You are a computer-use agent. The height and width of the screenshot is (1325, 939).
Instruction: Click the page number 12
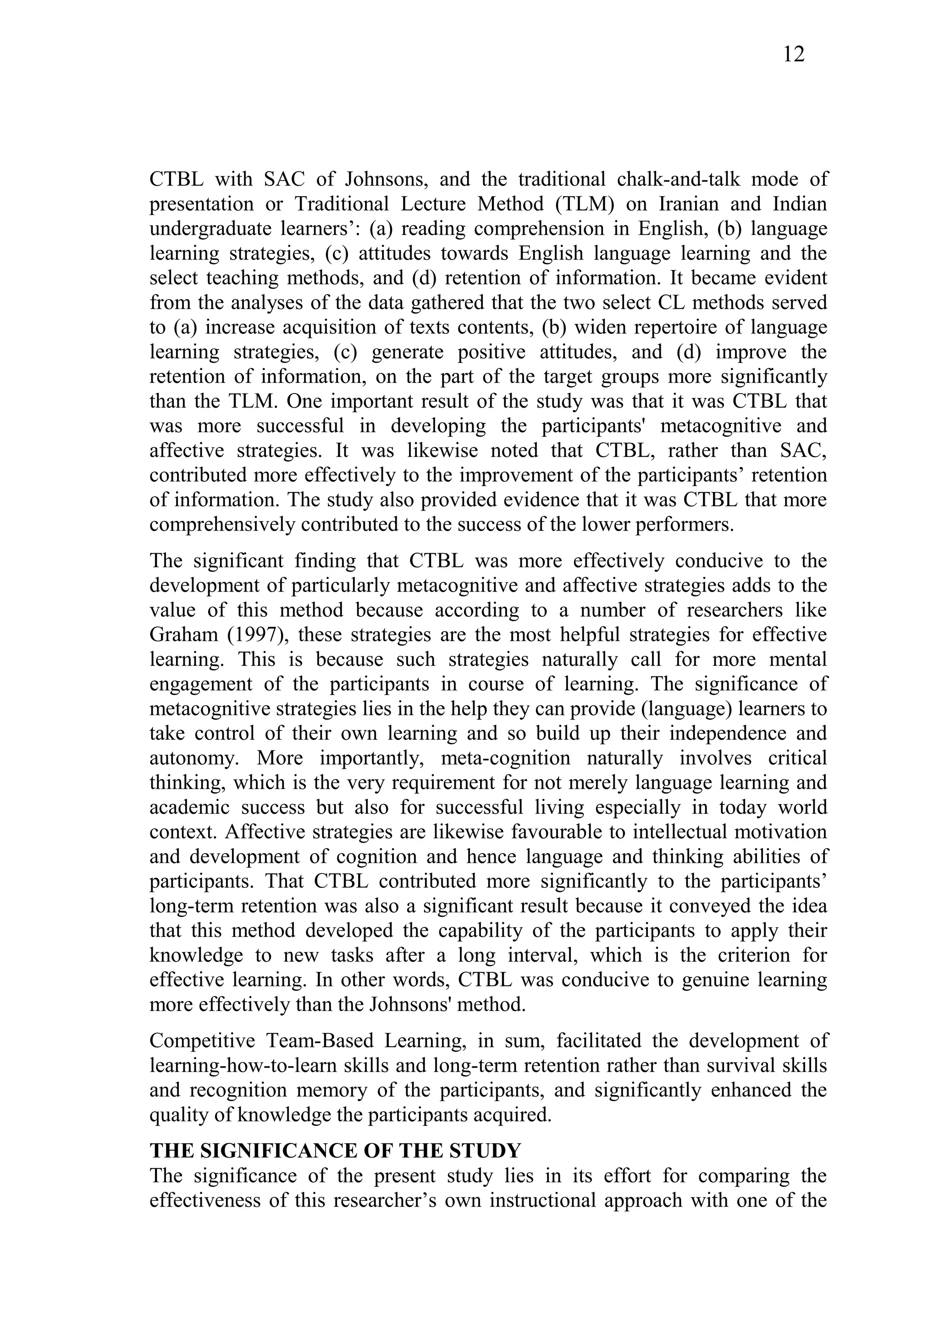pos(793,55)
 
